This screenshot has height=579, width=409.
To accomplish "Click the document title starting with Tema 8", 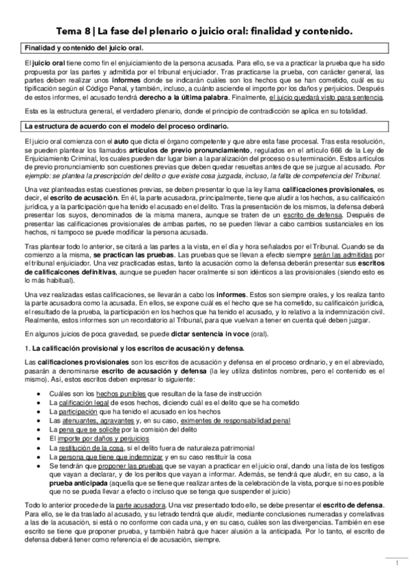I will pos(204,31).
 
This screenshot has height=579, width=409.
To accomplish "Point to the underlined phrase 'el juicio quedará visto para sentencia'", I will pos(326,97).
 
